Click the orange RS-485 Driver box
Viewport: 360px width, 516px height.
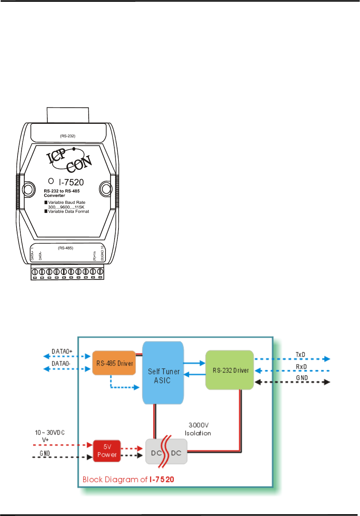tap(114, 363)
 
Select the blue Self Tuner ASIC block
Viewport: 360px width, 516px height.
tap(163, 373)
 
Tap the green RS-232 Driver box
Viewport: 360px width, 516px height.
tap(230, 370)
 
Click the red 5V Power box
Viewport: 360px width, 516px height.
tap(107, 451)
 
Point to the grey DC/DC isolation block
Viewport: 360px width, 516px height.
tap(167, 453)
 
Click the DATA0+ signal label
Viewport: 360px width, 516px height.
tap(62, 351)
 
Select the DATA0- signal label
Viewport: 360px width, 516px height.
tap(61, 363)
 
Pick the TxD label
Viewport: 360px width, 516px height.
tap(300, 355)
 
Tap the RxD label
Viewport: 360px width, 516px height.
tap(301, 367)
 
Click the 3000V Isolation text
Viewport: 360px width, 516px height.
tap(198, 429)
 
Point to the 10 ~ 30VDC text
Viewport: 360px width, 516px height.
tap(50, 433)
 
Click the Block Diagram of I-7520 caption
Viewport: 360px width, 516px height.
tap(128, 480)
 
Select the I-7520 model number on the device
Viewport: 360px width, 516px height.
tap(72, 182)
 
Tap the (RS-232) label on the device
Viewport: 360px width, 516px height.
tap(68, 136)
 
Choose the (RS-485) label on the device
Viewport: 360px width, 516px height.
tap(66, 248)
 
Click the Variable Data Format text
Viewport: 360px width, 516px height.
tap(68, 212)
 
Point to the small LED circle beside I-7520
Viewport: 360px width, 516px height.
tap(51, 181)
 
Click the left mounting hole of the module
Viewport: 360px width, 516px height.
tap(28, 189)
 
